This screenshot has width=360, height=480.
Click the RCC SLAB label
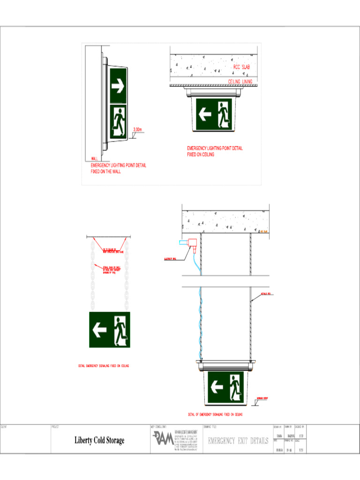click(x=241, y=67)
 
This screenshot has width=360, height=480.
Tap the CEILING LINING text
click(x=240, y=82)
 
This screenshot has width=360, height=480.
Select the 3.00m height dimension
click(x=138, y=129)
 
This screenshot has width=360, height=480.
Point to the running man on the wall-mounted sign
click(x=118, y=122)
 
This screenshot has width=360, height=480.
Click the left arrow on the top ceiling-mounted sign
click(x=205, y=114)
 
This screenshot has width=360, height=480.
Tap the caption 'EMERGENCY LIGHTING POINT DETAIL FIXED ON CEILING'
click(x=215, y=151)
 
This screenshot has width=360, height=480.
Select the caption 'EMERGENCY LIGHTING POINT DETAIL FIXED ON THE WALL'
click(x=118, y=169)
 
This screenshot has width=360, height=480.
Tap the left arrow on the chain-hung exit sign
click(x=100, y=330)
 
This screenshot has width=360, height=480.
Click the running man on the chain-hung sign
click(x=120, y=330)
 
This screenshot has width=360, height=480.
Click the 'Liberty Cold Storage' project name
click(x=99, y=441)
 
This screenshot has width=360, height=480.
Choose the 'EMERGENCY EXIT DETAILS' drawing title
click(x=238, y=441)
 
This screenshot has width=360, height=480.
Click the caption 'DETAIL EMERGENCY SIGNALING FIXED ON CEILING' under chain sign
click(x=104, y=366)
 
